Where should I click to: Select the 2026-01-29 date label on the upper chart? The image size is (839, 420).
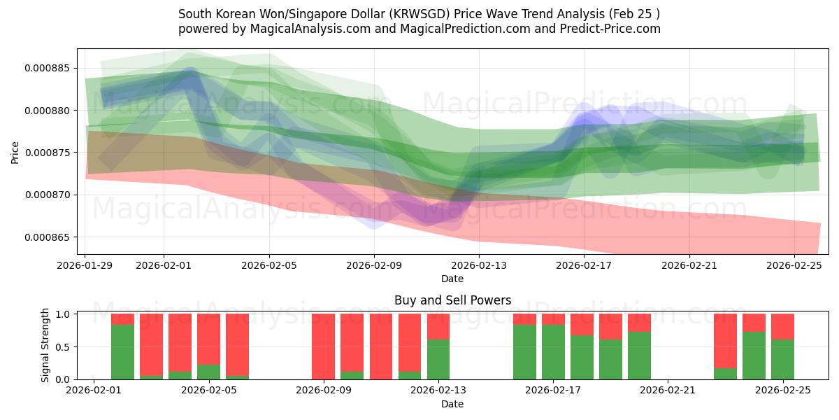85,265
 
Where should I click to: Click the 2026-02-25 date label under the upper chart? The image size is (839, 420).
794,265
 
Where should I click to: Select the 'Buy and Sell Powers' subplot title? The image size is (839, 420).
452,300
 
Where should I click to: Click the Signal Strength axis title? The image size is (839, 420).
45,345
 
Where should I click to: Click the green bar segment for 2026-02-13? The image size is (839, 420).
438,359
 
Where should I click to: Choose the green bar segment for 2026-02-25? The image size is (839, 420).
782,359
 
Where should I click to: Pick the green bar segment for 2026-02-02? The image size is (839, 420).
122,351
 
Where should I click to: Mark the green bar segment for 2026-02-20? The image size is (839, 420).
639,355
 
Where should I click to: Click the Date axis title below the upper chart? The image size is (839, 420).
452,279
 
